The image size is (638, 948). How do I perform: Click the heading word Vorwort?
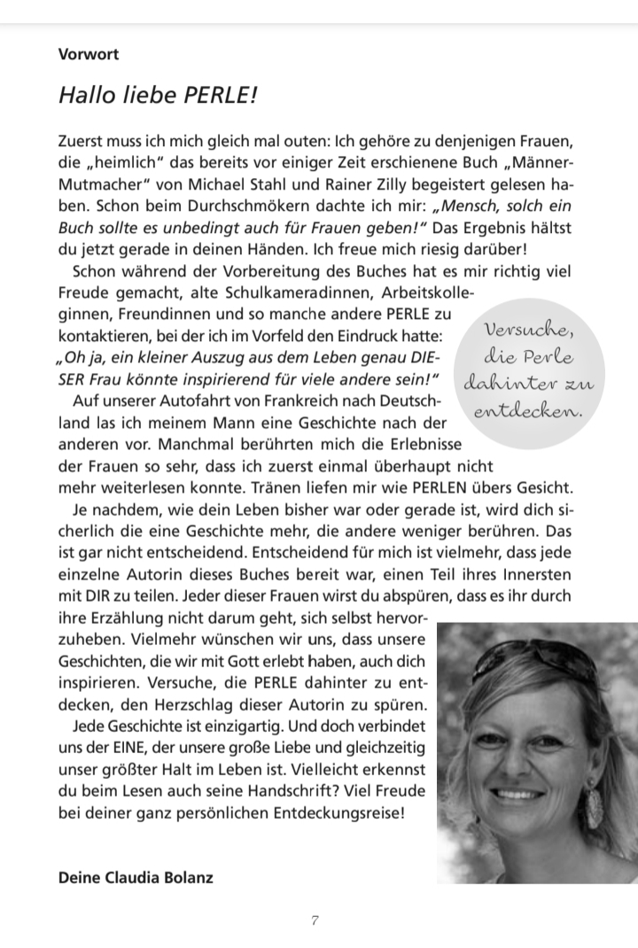point(89,53)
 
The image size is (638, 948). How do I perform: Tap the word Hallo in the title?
point(85,95)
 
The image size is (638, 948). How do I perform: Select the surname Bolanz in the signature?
point(186,878)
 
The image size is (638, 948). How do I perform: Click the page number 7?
point(315,921)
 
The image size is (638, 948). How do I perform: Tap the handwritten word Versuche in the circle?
point(526,331)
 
